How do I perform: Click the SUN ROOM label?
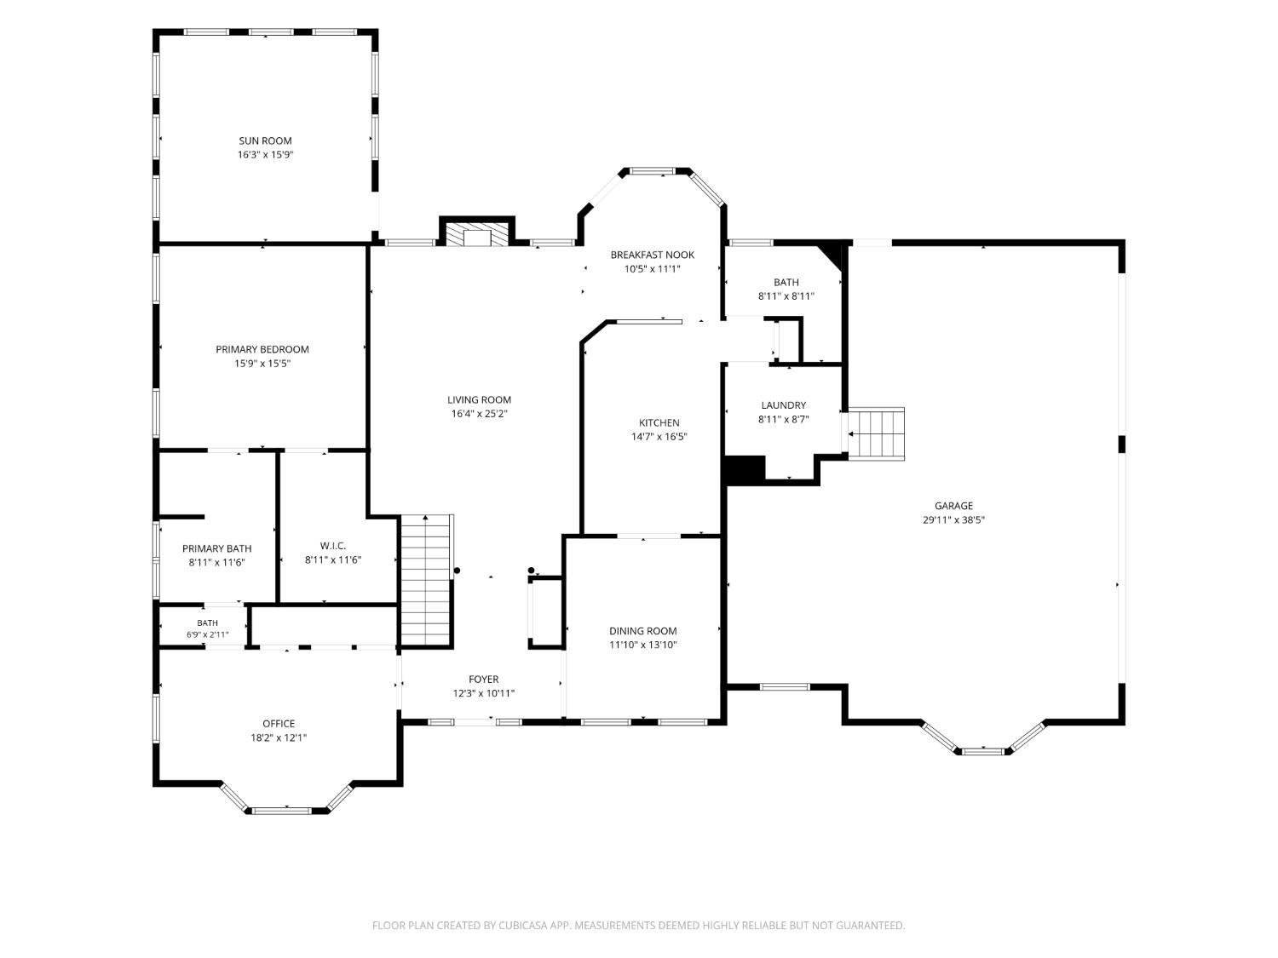pyautogui.click(x=265, y=141)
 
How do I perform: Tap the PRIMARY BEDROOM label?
pyautogui.click(x=262, y=349)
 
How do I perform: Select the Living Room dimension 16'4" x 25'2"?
pyautogui.click(x=479, y=414)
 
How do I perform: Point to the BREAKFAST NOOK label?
pyautogui.click(x=652, y=255)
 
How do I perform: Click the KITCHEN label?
pyautogui.click(x=659, y=423)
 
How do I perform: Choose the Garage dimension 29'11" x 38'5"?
pyautogui.click(x=953, y=520)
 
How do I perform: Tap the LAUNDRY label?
pyautogui.click(x=783, y=405)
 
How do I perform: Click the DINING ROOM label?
pyautogui.click(x=642, y=630)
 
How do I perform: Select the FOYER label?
pyautogui.click(x=483, y=679)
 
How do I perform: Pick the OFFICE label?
pyautogui.click(x=279, y=724)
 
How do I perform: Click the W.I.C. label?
pyautogui.click(x=333, y=546)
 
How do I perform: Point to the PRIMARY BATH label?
pyautogui.click(x=216, y=548)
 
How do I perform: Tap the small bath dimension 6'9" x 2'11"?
pyautogui.click(x=207, y=634)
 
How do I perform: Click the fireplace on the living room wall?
pyautogui.click(x=477, y=232)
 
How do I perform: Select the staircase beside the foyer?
pyautogui.click(x=427, y=581)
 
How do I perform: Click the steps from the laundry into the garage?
pyautogui.click(x=876, y=434)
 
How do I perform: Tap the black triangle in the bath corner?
pyautogui.click(x=832, y=255)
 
